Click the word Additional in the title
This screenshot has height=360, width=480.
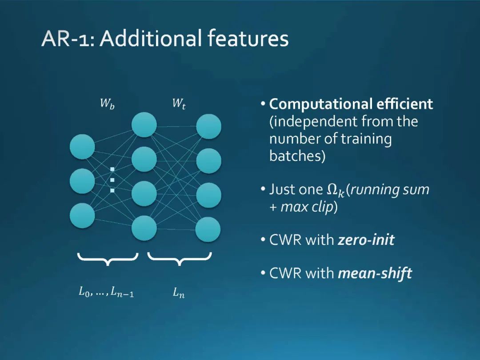click(152, 39)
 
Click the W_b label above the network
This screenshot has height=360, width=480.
click(107, 105)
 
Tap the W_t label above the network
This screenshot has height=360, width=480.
click(179, 105)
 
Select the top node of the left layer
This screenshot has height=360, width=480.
click(82, 147)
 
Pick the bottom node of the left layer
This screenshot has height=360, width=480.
click(82, 215)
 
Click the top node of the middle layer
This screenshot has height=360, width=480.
click(144, 124)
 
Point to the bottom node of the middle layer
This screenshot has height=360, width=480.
click(144, 228)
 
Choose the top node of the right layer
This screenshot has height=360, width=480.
click(209, 126)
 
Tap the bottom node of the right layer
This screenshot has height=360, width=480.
click(208, 229)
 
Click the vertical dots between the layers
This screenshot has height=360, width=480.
click(112, 180)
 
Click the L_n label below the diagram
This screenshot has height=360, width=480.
click(179, 293)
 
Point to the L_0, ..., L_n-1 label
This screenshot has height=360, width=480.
click(106, 292)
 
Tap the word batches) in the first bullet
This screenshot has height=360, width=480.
click(297, 156)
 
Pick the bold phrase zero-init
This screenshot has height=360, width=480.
click(366, 240)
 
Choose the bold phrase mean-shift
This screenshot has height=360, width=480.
click(375, 273)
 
